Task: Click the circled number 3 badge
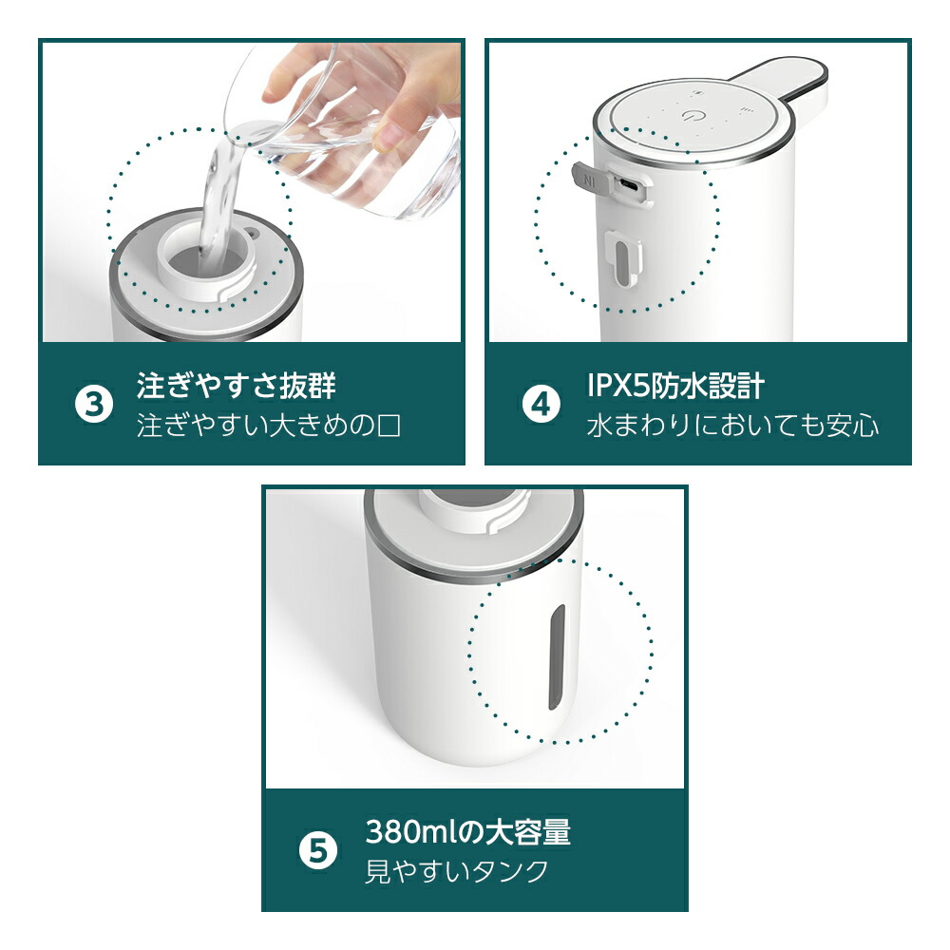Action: [92, 404]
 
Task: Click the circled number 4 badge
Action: [541, 404]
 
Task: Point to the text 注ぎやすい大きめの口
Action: [269, 424]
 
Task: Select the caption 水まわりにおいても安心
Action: [732, 424]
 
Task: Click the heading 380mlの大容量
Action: [467, 833]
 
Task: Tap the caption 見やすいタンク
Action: [457, 871]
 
